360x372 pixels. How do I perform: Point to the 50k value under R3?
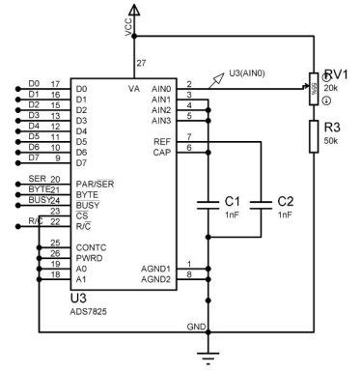tap(331, 142)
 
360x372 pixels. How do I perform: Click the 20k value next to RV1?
tap(331, 87)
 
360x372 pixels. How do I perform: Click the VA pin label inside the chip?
tap(134, 88)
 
